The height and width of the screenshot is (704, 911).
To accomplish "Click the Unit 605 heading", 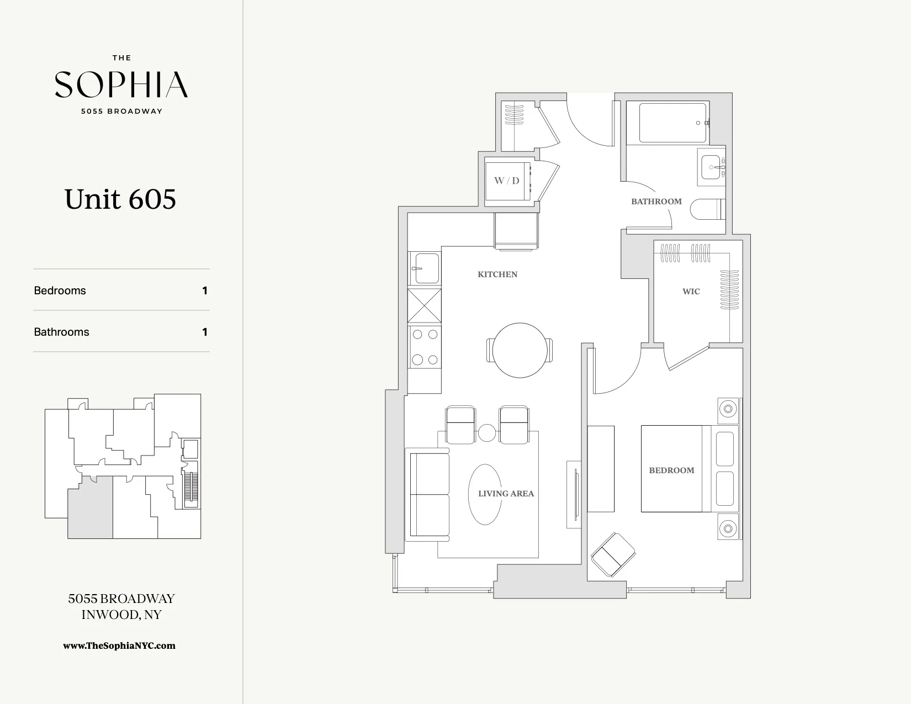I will pos(120,199).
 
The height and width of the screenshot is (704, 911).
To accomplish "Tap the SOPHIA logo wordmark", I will pos(121,84).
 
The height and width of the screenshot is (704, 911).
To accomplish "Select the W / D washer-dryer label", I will pos(506,181).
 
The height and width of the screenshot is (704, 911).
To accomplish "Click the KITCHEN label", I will pos(497,274).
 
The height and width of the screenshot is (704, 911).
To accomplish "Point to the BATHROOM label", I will pos(656,202).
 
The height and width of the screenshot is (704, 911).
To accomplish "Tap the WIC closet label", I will pos(691,292).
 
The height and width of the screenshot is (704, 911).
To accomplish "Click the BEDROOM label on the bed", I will pos(671,470).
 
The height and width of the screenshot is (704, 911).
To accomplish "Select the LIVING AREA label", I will pos(506,494).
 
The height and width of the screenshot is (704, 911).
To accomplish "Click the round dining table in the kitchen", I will pos(520,350).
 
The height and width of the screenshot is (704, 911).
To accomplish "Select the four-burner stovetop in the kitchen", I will pos(425,347).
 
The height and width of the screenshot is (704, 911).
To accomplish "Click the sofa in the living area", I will pos(428,495).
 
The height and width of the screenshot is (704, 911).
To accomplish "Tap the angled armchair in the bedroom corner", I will pos(612,554).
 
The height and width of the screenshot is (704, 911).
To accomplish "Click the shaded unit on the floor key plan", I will pos(90,508).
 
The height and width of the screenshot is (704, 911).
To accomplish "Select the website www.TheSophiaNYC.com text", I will pos(119,645).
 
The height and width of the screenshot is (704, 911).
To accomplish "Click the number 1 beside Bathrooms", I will pos(205,332).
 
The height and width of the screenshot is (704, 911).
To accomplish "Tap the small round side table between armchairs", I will pos(486,433).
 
